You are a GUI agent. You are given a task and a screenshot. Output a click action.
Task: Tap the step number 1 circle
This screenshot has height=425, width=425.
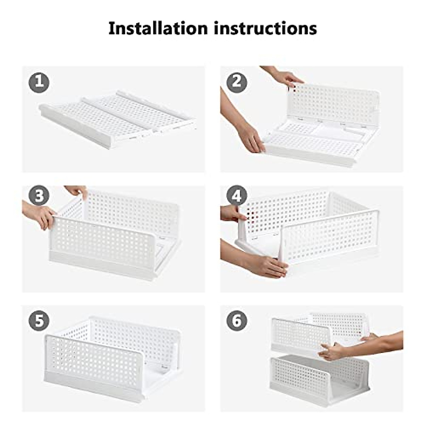click(x=39, y=83)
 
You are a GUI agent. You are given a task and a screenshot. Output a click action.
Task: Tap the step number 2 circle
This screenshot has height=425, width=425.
click(x=237, y=82)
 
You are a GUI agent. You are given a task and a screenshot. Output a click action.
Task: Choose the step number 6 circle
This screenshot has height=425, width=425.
click(x=237, y=321)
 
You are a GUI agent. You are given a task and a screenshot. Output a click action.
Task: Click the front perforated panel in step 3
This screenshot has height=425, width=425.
click(x=103, y=241)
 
